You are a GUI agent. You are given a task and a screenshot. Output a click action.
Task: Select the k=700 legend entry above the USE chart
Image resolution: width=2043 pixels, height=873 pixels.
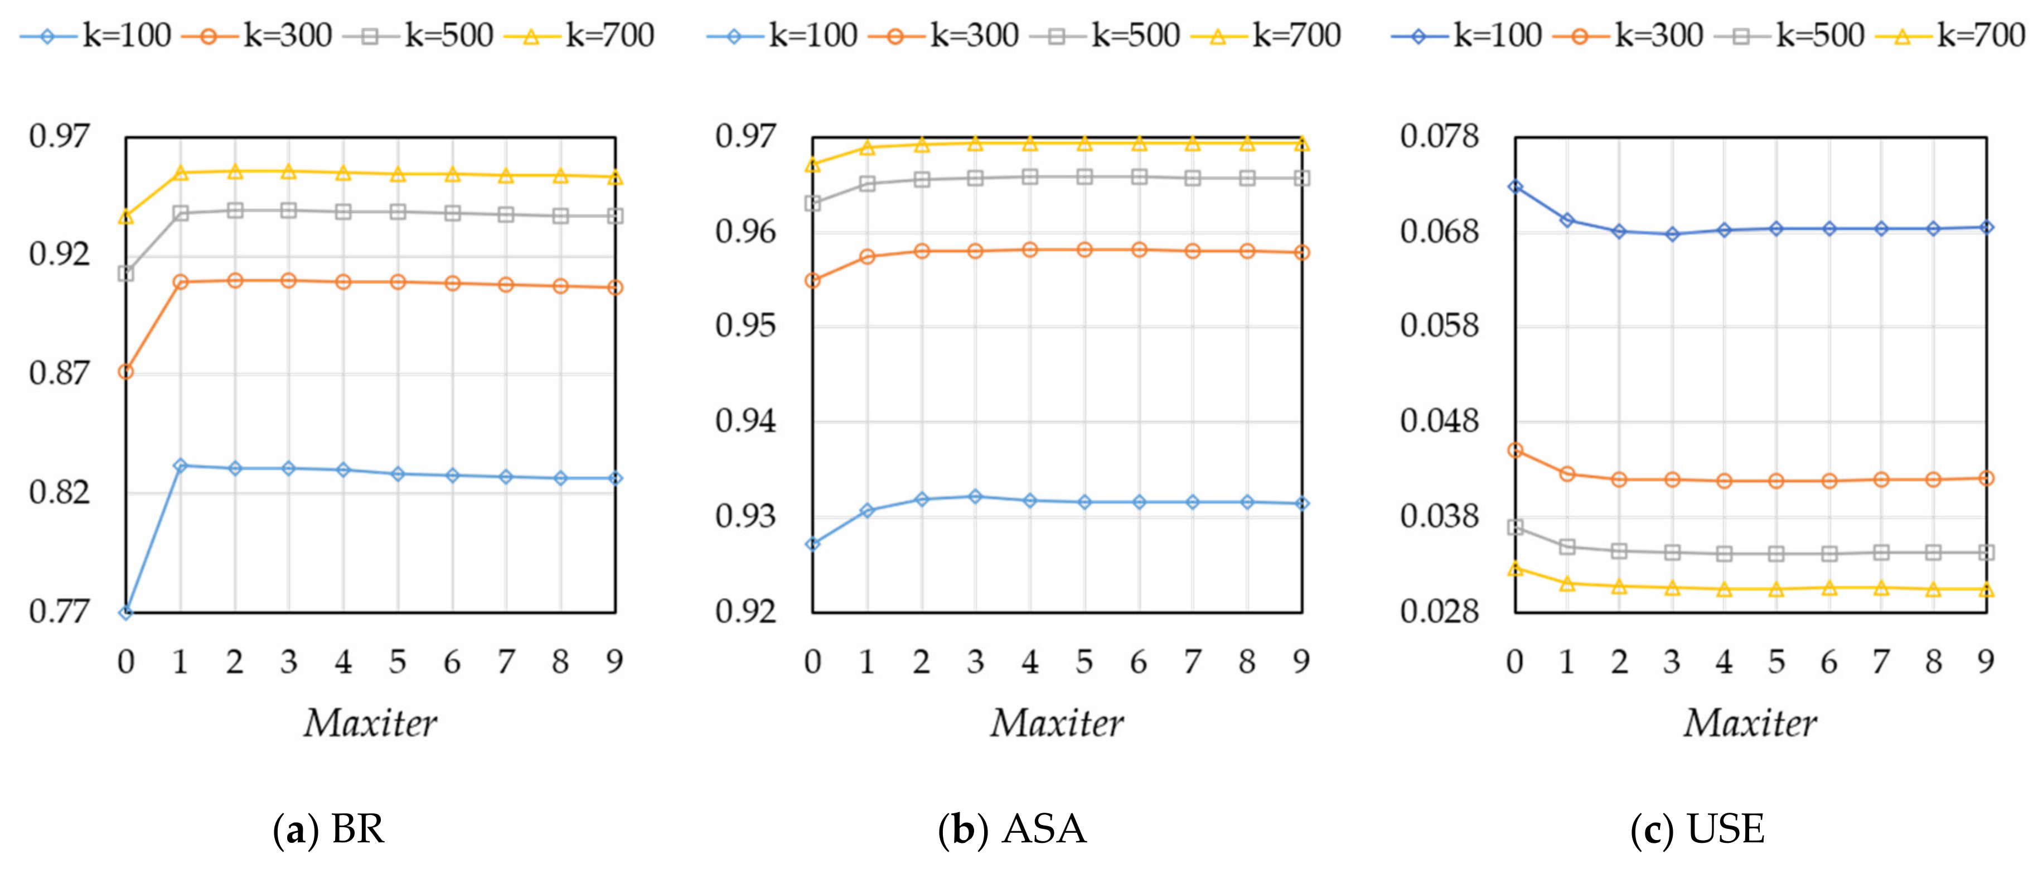1951,36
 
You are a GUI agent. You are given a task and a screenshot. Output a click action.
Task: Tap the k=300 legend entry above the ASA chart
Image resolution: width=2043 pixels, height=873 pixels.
945,36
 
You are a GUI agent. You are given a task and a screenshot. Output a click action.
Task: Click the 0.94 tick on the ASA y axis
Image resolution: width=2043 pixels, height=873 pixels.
745,421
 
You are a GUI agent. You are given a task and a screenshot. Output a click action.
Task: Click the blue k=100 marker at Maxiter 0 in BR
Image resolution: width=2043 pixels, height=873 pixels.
126,612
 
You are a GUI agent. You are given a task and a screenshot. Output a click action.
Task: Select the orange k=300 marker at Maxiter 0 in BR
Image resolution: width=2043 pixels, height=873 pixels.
126,371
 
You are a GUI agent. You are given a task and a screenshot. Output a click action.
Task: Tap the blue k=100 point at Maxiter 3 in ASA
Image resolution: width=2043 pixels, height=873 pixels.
976,497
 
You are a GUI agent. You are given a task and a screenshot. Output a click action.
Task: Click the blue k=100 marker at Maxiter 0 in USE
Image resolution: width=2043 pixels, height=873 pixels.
1515,186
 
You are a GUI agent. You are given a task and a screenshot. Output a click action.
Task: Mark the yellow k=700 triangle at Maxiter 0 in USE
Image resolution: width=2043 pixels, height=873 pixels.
1515,569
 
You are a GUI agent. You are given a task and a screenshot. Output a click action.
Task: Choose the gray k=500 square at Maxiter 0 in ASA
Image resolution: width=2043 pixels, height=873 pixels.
812,204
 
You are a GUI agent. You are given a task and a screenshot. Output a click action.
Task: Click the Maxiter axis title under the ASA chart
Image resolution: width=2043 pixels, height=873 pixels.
1057,723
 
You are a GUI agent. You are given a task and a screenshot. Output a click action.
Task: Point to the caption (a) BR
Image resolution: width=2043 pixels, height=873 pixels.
328,829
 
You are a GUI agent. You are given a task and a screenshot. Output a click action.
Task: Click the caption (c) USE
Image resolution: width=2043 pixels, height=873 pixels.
1697,829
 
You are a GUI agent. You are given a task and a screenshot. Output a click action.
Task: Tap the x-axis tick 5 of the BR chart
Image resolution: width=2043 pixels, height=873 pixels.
398,661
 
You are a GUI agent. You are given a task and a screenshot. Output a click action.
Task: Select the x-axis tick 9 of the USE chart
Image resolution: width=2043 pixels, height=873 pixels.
1985,661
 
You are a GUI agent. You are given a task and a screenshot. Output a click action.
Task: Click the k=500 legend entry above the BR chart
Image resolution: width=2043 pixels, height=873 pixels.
419,36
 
